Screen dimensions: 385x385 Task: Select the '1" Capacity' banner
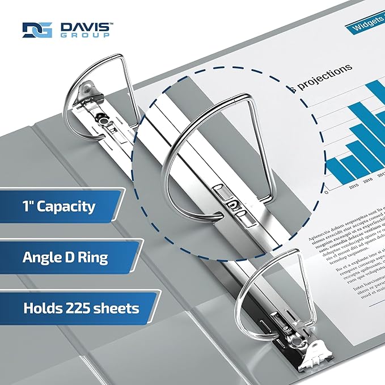59,206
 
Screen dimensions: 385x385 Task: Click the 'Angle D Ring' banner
65,257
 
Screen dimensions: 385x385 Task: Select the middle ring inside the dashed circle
210,142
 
